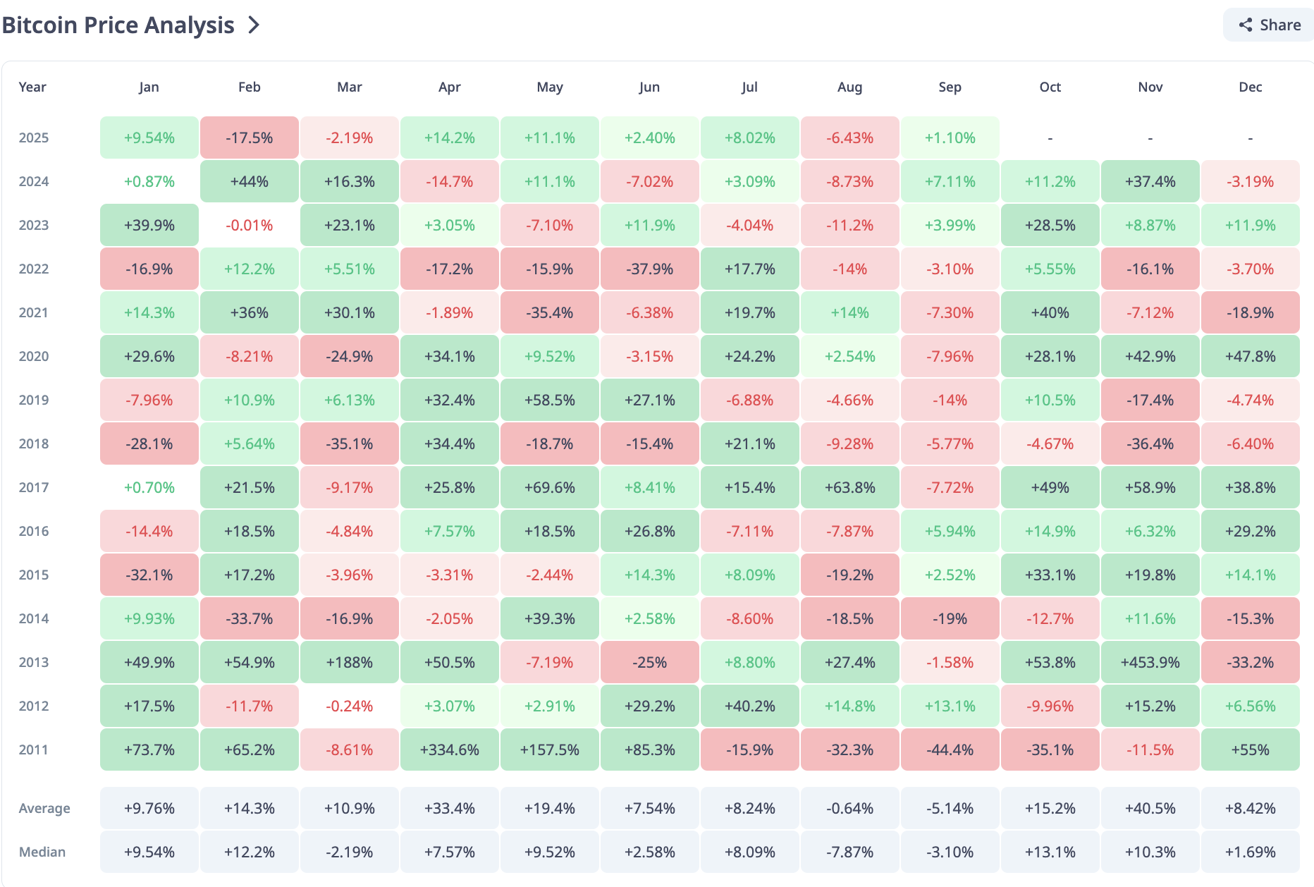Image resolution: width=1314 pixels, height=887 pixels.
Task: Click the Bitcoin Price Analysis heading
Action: tap(118, 25)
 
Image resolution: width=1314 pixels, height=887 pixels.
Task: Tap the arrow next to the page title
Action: tap(254, 25)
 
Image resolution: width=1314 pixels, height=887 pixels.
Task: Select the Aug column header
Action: tap(849, 87)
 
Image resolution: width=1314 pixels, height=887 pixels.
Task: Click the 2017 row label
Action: tap(34, 487)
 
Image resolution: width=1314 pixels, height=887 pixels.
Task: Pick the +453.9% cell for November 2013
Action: tap(1150, 662)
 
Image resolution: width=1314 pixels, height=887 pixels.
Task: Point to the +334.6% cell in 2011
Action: tap(449, 750)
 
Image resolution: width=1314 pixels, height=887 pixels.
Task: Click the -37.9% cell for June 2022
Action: tap(649, 269)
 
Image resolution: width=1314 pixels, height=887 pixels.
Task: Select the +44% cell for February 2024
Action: tap(249, 181)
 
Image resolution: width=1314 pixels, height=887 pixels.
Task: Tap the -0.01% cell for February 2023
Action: tap(249, 225)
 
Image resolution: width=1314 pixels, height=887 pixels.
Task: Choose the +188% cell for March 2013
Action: tap(349, 662)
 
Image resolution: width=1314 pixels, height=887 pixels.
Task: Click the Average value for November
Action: tap(1150, 808)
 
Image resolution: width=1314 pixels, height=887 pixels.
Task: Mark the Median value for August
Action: tap(849, 852)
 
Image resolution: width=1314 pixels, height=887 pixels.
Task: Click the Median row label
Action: tap(42, 852)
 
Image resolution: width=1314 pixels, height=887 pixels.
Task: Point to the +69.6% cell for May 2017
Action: tap(549, 487)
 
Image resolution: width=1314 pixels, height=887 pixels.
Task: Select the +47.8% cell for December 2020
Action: tap(1250, 356)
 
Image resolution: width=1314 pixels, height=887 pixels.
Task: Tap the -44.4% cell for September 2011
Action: tap(950, 750)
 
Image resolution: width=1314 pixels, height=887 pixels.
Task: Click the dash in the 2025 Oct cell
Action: tap(1050, 138)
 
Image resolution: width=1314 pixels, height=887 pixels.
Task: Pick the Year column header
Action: tap(32, 87)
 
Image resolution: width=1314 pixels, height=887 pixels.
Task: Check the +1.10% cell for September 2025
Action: tap(950, 137)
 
